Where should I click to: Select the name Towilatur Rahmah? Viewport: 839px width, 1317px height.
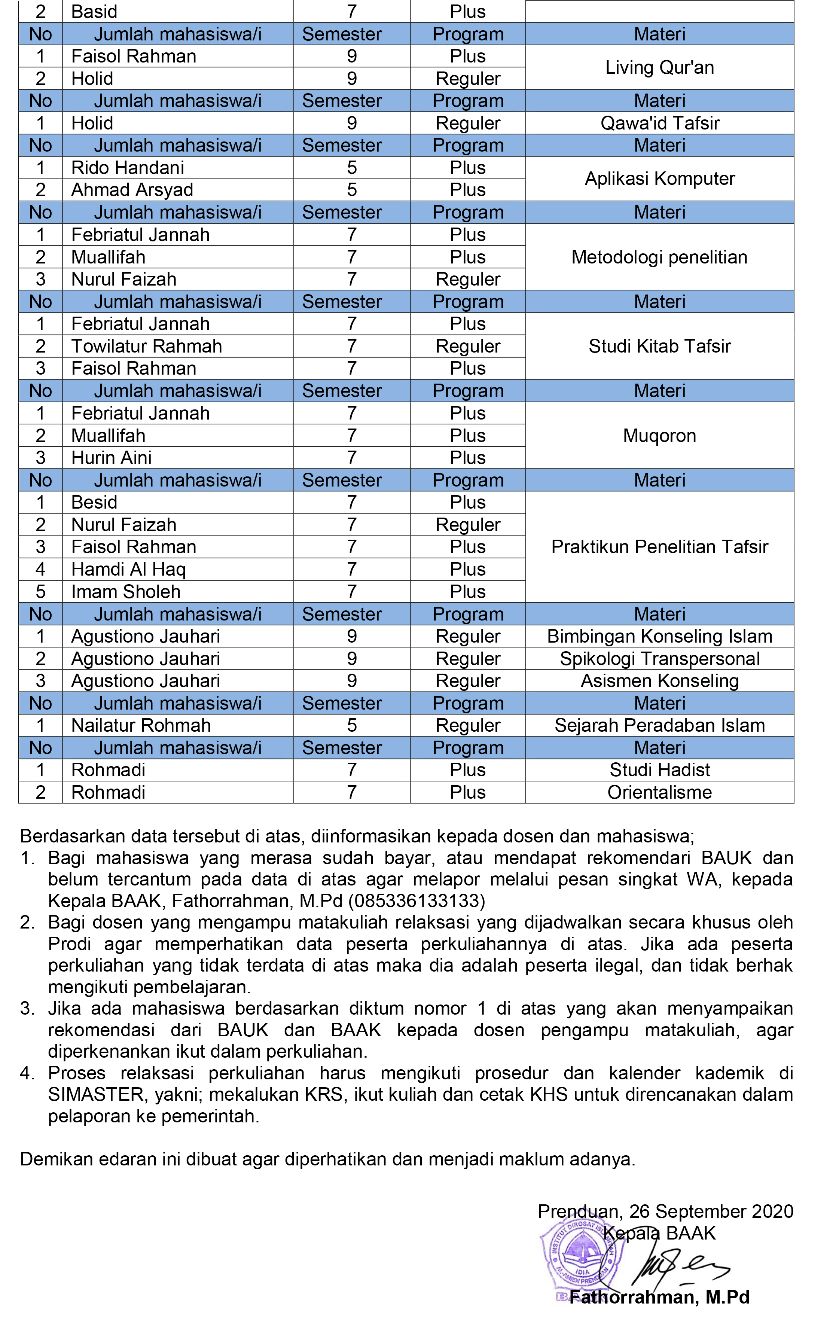[147, 346]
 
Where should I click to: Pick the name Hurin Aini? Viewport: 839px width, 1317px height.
[112, 458]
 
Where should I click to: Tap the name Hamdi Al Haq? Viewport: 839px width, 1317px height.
[128, 569]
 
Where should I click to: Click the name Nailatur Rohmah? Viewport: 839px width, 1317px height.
[141, 725]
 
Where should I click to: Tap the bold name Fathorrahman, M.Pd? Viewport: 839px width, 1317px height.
[659, 1297]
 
